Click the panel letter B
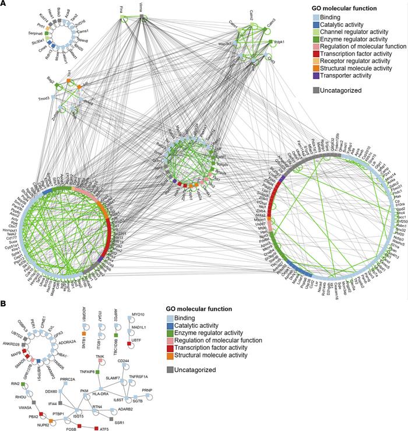point(5,304)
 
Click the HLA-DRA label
point(104,379)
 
